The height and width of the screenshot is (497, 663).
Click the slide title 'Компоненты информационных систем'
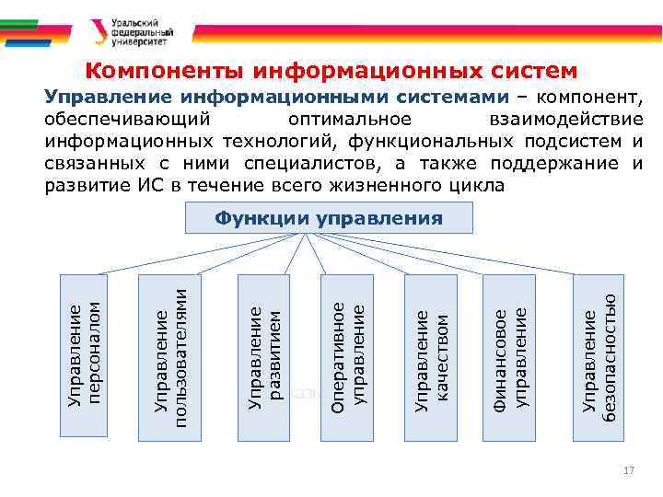point(332,72)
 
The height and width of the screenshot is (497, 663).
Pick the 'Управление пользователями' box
point(168,353)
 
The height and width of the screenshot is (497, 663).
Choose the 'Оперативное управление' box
point(346,353)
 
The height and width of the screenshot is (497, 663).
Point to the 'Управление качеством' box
point(430,353)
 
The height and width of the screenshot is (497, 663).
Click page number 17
point(629,471)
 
